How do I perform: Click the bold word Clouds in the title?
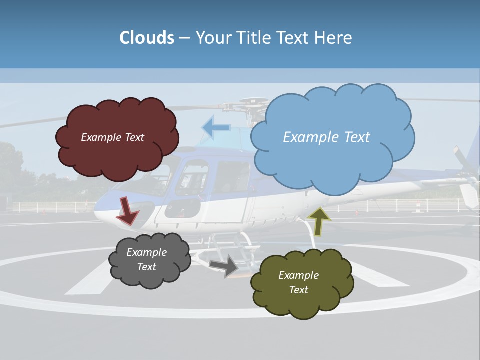(147, 38)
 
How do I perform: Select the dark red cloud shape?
(117, 150)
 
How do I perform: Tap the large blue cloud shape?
(332, 160)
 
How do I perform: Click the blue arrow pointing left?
(216, 128)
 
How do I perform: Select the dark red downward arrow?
(128, 210)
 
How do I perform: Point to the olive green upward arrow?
(319, 221)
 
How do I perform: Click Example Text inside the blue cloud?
(326, 137)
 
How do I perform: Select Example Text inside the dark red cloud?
(112, 137)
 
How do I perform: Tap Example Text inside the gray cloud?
(146, 259)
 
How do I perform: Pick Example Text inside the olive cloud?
(298, 282)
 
